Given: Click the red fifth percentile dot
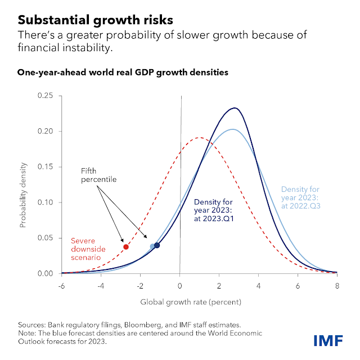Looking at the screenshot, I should (x=126, y=247).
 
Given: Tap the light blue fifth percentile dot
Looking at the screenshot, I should (x=153, y=246).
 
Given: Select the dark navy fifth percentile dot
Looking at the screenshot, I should (x=157, y=245).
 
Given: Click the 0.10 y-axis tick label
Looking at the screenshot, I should (x=46, y=202).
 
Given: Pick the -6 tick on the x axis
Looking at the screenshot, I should (x=61, y=285).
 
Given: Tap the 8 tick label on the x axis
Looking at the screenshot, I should (x=336, y=285).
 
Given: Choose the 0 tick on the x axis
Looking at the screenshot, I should (x=180, y=285).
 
